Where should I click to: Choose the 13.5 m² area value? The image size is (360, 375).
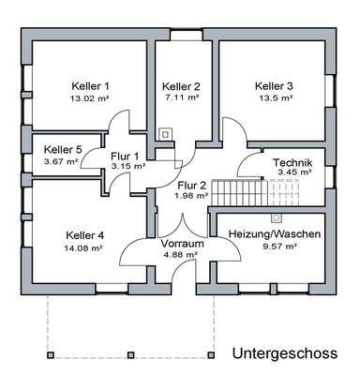point(275,97)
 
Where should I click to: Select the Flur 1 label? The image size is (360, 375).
point(126,156)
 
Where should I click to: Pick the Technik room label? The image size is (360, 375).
point(292,162)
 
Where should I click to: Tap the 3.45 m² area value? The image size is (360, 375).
point(292,173)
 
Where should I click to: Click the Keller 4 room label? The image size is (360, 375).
point(86,235)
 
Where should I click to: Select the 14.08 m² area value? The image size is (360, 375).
point(86,248)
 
